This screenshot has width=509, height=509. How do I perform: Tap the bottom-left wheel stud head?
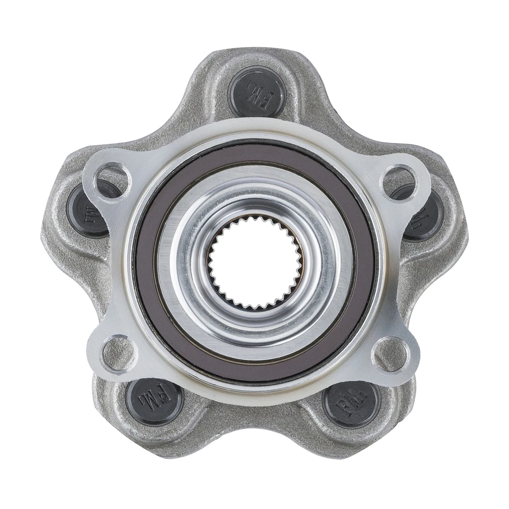[154, 399]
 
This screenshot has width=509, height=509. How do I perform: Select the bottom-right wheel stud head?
[352, 402]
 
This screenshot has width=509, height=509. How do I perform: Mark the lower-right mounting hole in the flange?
[391, 354]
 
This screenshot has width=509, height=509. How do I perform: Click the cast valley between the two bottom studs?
[253, 424]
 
